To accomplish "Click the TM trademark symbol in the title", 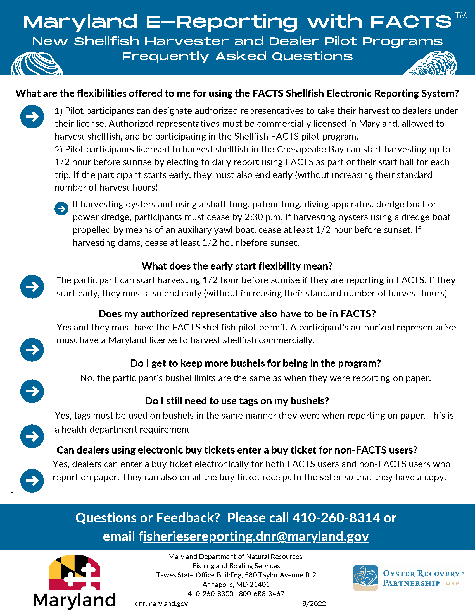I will pos(461,15).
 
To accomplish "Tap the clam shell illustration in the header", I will pos(36,65).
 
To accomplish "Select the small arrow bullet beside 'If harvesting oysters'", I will pos(61,208).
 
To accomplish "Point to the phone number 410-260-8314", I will pos(336,518).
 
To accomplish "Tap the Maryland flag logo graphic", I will pos(75,572).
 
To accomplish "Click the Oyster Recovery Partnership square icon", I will pos(365,578).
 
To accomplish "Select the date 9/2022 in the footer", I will pos(314,604).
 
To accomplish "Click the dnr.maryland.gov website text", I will pos(161,604).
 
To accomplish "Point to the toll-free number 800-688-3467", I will pos(262,593).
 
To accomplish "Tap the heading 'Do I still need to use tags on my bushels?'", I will pos(237,401).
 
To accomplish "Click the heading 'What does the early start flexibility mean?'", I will pos(237,266).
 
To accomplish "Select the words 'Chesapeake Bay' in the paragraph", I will pos(310,149).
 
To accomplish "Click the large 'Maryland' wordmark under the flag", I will pos(75,600).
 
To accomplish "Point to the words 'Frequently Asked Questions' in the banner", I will pos(237,56).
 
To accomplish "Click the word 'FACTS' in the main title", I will pos(411,22).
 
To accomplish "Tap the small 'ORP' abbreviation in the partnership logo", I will pos(452,583).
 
